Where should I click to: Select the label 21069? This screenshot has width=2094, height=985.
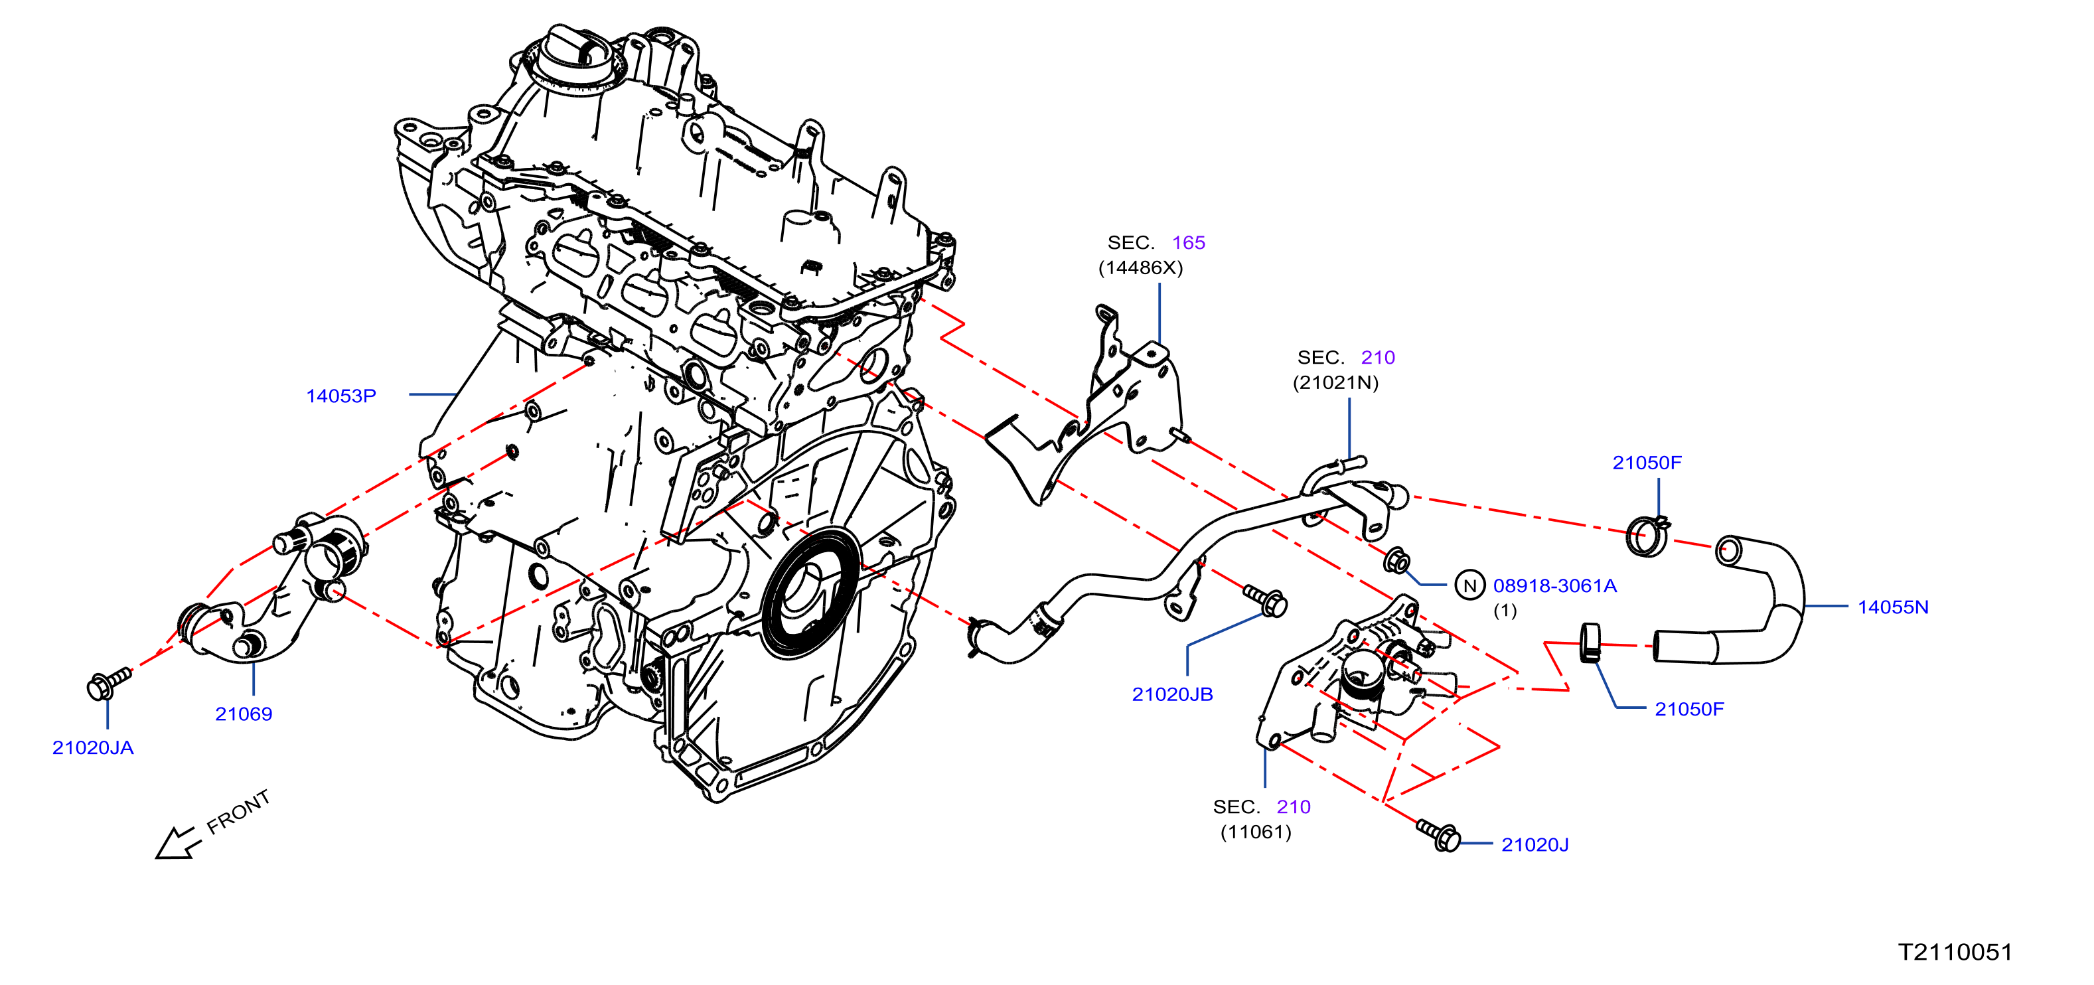coord(243,714)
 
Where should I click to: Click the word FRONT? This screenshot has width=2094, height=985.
coord(238,812)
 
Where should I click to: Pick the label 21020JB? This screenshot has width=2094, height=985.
coord(1172,694)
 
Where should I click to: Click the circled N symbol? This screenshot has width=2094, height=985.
coord(1469,585)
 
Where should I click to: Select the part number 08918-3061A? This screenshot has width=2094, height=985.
coord(1555,585)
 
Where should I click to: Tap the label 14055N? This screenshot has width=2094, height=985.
coord(1893,607)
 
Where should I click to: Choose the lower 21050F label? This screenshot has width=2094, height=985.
coord(1689,709)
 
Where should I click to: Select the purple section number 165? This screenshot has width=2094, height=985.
coord(1189,242)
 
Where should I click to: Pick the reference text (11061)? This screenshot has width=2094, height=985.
coord(1256,832)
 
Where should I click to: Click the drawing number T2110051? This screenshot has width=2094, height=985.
coord(1955,952)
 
